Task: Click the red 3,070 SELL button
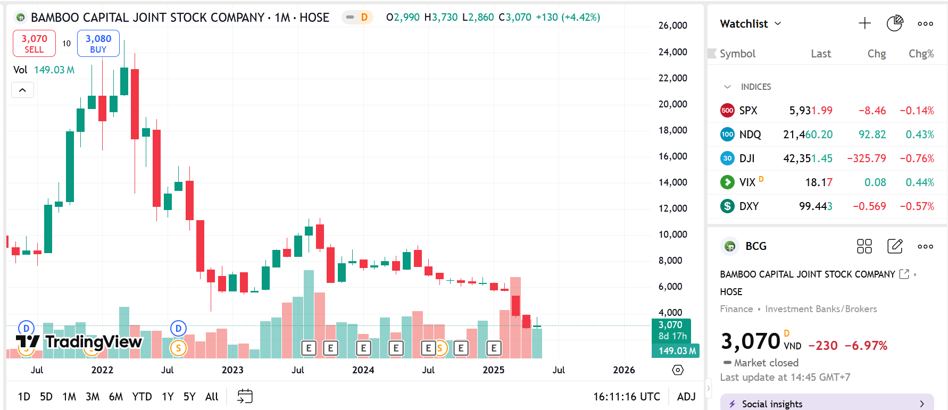pos(34,44)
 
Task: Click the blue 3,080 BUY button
pos(98,44)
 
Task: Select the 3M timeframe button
pos(93,397)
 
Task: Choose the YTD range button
pos(142,397)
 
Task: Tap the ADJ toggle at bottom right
pos(686,397)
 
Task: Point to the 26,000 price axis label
pos(672,26)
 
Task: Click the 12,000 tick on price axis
pos(672,208)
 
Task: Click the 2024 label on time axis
pos(363,370)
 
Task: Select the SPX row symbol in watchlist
pos(747,111)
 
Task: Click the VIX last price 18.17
pos(818,182)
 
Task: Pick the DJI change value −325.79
pos(866,158)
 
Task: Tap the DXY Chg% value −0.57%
pos(917,206)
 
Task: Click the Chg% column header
pos(921,54)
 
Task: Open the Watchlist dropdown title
pos(750,24)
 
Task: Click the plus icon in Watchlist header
pos(864,23)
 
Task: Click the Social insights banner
pos(827,404)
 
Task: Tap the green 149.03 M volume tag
pos(676,351)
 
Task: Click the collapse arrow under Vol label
pos(22,90)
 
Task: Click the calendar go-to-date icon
pos(245,396)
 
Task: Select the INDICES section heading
pos(755,87)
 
